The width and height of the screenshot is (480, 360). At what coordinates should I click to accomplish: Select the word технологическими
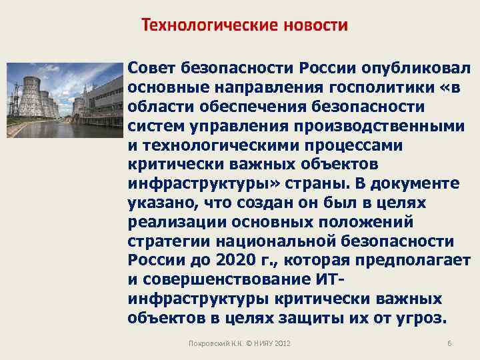pyautogui.click(x=220, y=144)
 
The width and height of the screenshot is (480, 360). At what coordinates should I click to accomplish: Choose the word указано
pyautogui.click(x=161, y=201)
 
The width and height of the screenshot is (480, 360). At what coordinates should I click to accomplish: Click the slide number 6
pyautogui.click(x=449, y=343)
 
